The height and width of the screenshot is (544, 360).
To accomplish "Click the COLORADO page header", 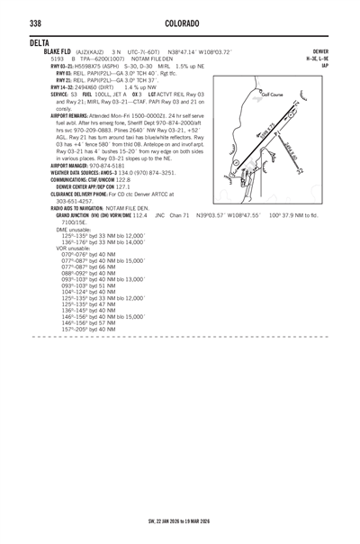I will click(179, 22).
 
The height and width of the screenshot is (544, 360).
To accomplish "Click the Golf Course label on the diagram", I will click(271, 94).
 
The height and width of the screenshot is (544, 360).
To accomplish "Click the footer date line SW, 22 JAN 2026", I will click(179, 521).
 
